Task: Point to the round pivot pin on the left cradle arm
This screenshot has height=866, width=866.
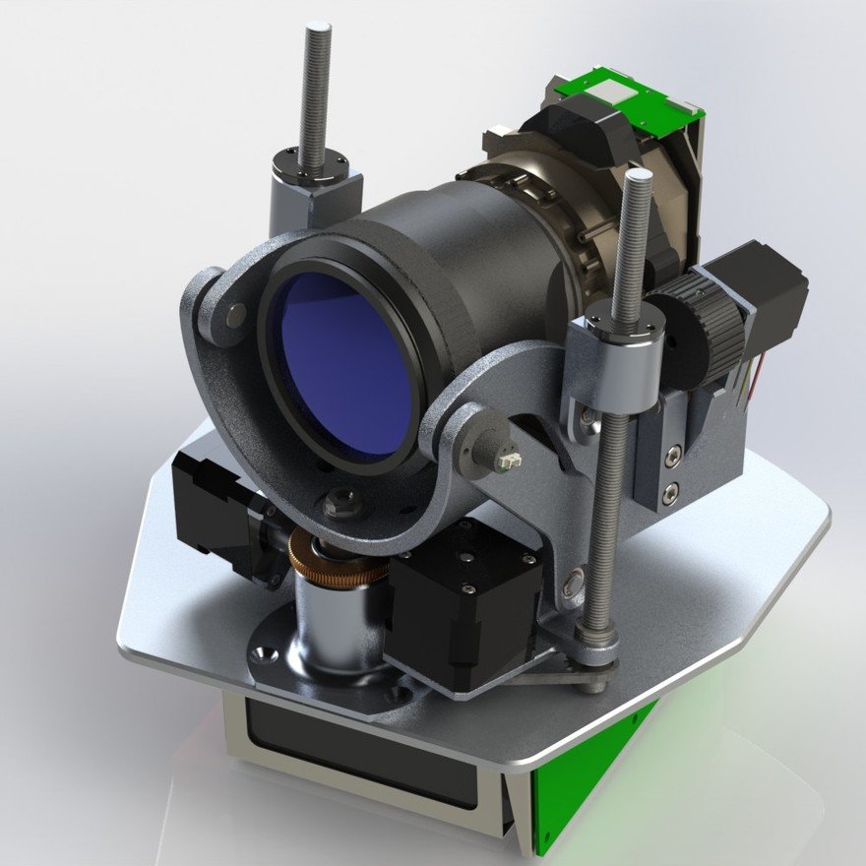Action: (235, 315)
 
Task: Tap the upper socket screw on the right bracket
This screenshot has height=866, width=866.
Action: (671, 455)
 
